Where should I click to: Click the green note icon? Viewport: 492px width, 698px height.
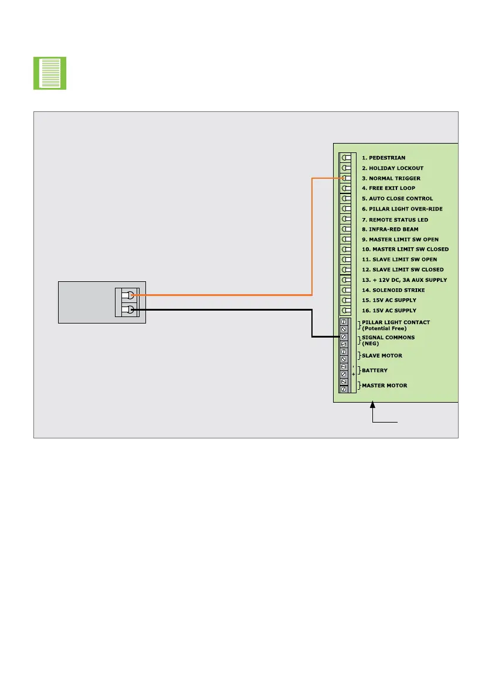[50, 73]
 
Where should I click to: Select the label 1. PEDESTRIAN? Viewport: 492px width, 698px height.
[384, 158]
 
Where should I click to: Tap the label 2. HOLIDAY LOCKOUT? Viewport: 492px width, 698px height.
[392, 168]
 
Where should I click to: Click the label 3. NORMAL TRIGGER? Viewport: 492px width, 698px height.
[391, 178]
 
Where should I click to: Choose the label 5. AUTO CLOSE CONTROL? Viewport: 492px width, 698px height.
[397, 199]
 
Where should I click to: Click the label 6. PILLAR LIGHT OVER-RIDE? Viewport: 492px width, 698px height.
[402, 209]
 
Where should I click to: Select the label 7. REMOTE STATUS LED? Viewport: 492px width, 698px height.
[395, 220]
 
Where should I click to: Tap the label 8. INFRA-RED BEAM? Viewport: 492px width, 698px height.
[390, 229]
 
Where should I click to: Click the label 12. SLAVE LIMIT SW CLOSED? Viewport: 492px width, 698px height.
[403, 270]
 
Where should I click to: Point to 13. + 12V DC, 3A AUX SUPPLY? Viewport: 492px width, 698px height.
[404, 280]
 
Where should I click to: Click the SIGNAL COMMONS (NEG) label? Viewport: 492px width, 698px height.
[388, 341]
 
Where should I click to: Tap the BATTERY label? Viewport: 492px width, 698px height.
[375, 370]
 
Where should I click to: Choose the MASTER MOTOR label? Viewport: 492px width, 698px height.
[384, 386]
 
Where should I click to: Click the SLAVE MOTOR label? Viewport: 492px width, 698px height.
[382, 356]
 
